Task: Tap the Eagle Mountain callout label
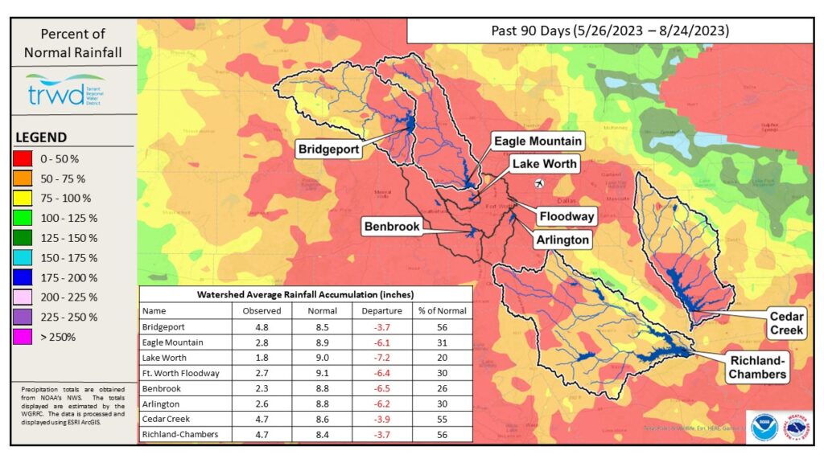pos(538,141)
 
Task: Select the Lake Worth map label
pos(545,164)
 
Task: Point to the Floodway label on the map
pos(566,216)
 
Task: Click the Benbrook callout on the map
pos(391,227)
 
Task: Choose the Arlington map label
pos(563,240)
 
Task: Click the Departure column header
pos(381,310)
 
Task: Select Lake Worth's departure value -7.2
pos(381,359)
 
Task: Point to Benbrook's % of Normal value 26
pos(442,389)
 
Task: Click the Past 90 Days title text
pos(609,31)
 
